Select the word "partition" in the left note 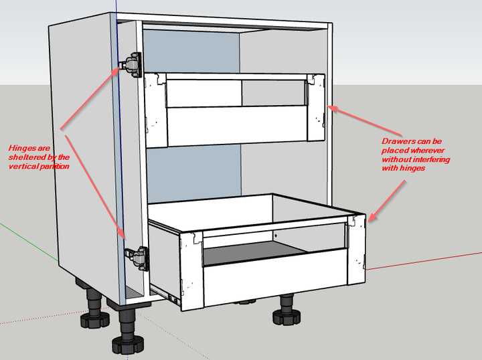pos(53,166)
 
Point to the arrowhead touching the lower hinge pos(124,236)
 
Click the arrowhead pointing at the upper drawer pos(331,108)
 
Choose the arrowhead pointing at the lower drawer pos(370,217)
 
